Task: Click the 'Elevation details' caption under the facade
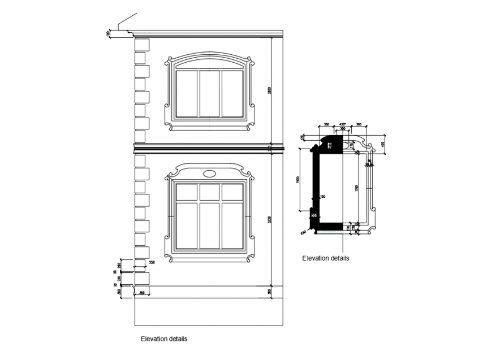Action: pyautogui.click(x=164, y=340)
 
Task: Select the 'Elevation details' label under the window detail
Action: pyautogui.click(x=325, y=258)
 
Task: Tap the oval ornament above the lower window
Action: pyautogui.click(x=209, y=174)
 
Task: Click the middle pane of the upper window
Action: pyautogui.click(x=209, y=93)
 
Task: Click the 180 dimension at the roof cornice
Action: pyautogui.click(x=108, y=34)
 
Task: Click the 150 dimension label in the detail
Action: pyautogui.click(x=323, y=197)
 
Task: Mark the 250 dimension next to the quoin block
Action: pyautogui.click(x=152, y=262)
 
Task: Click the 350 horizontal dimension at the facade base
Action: pyautogui.click(x=142, y=292)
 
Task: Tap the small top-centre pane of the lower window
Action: pyautogui.click(x=209, y=192)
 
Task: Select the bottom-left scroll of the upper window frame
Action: pyautogui.click(x=168, y=123)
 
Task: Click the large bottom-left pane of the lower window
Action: pyautogui.click(x=186, y=225)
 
